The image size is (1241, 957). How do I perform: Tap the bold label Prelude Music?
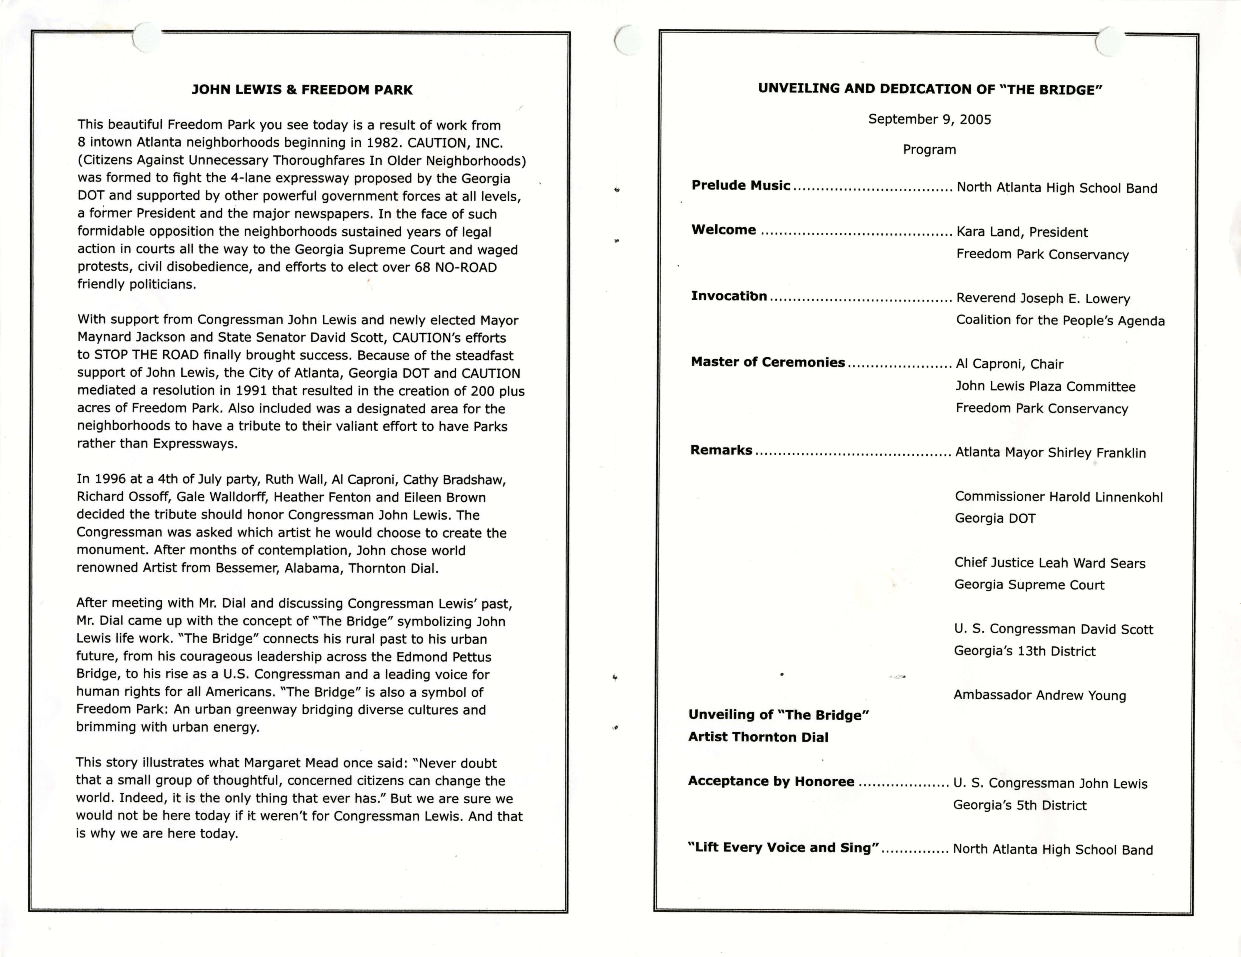pyautogui.click(x=740, y=186)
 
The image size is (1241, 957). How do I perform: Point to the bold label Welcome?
pyautogui.click(x=723, y=230)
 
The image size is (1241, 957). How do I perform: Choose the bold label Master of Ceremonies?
pyautogui.click(x=768, y=362)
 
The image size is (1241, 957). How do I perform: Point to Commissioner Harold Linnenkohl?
pyautogui.click(x=1059, y=497)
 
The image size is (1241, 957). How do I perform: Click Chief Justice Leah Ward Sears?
pyautogui.click(x=1049, y=563)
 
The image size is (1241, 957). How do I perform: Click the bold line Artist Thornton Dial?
pyautogui.click(x=758, y=737)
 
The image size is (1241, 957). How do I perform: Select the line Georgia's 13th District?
pyautogui.click(x=1025, y=651)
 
